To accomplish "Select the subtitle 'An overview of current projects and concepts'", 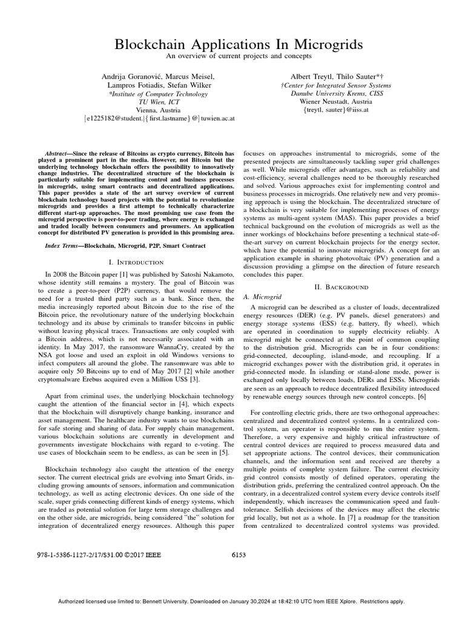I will point(232,56).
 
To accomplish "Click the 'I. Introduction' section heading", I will point(135,262).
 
